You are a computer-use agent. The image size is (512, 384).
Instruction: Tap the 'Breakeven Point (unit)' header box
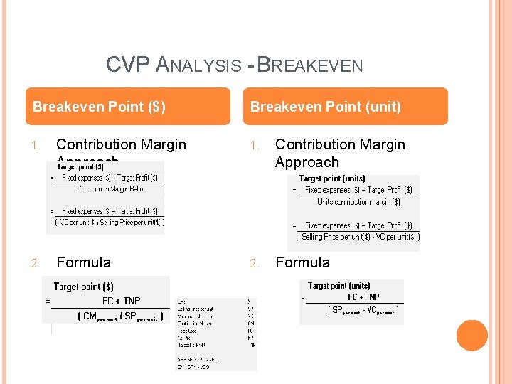tap(348, 107)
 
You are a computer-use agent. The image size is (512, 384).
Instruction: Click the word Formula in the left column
tap(84, 262)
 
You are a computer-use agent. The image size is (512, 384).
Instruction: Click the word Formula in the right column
tap(303, 262)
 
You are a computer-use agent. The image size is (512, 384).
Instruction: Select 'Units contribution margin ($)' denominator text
tap(358, 202)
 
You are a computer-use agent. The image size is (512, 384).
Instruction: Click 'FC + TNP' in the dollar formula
tap(121, 301)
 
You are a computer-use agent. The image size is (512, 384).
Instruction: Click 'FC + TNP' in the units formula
tap(363, 297)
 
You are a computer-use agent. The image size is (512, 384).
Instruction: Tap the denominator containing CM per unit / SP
tap(119, 316)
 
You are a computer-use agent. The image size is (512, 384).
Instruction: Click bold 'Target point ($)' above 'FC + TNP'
tap(83, 287)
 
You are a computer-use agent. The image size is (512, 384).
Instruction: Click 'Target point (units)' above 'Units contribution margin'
tap(331, 178)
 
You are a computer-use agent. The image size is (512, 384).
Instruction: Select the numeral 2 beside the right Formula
tap(254, 263)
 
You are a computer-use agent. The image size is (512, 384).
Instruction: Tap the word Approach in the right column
tap(307, 162)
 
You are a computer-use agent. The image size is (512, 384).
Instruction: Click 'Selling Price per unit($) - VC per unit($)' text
tap(361, 237)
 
